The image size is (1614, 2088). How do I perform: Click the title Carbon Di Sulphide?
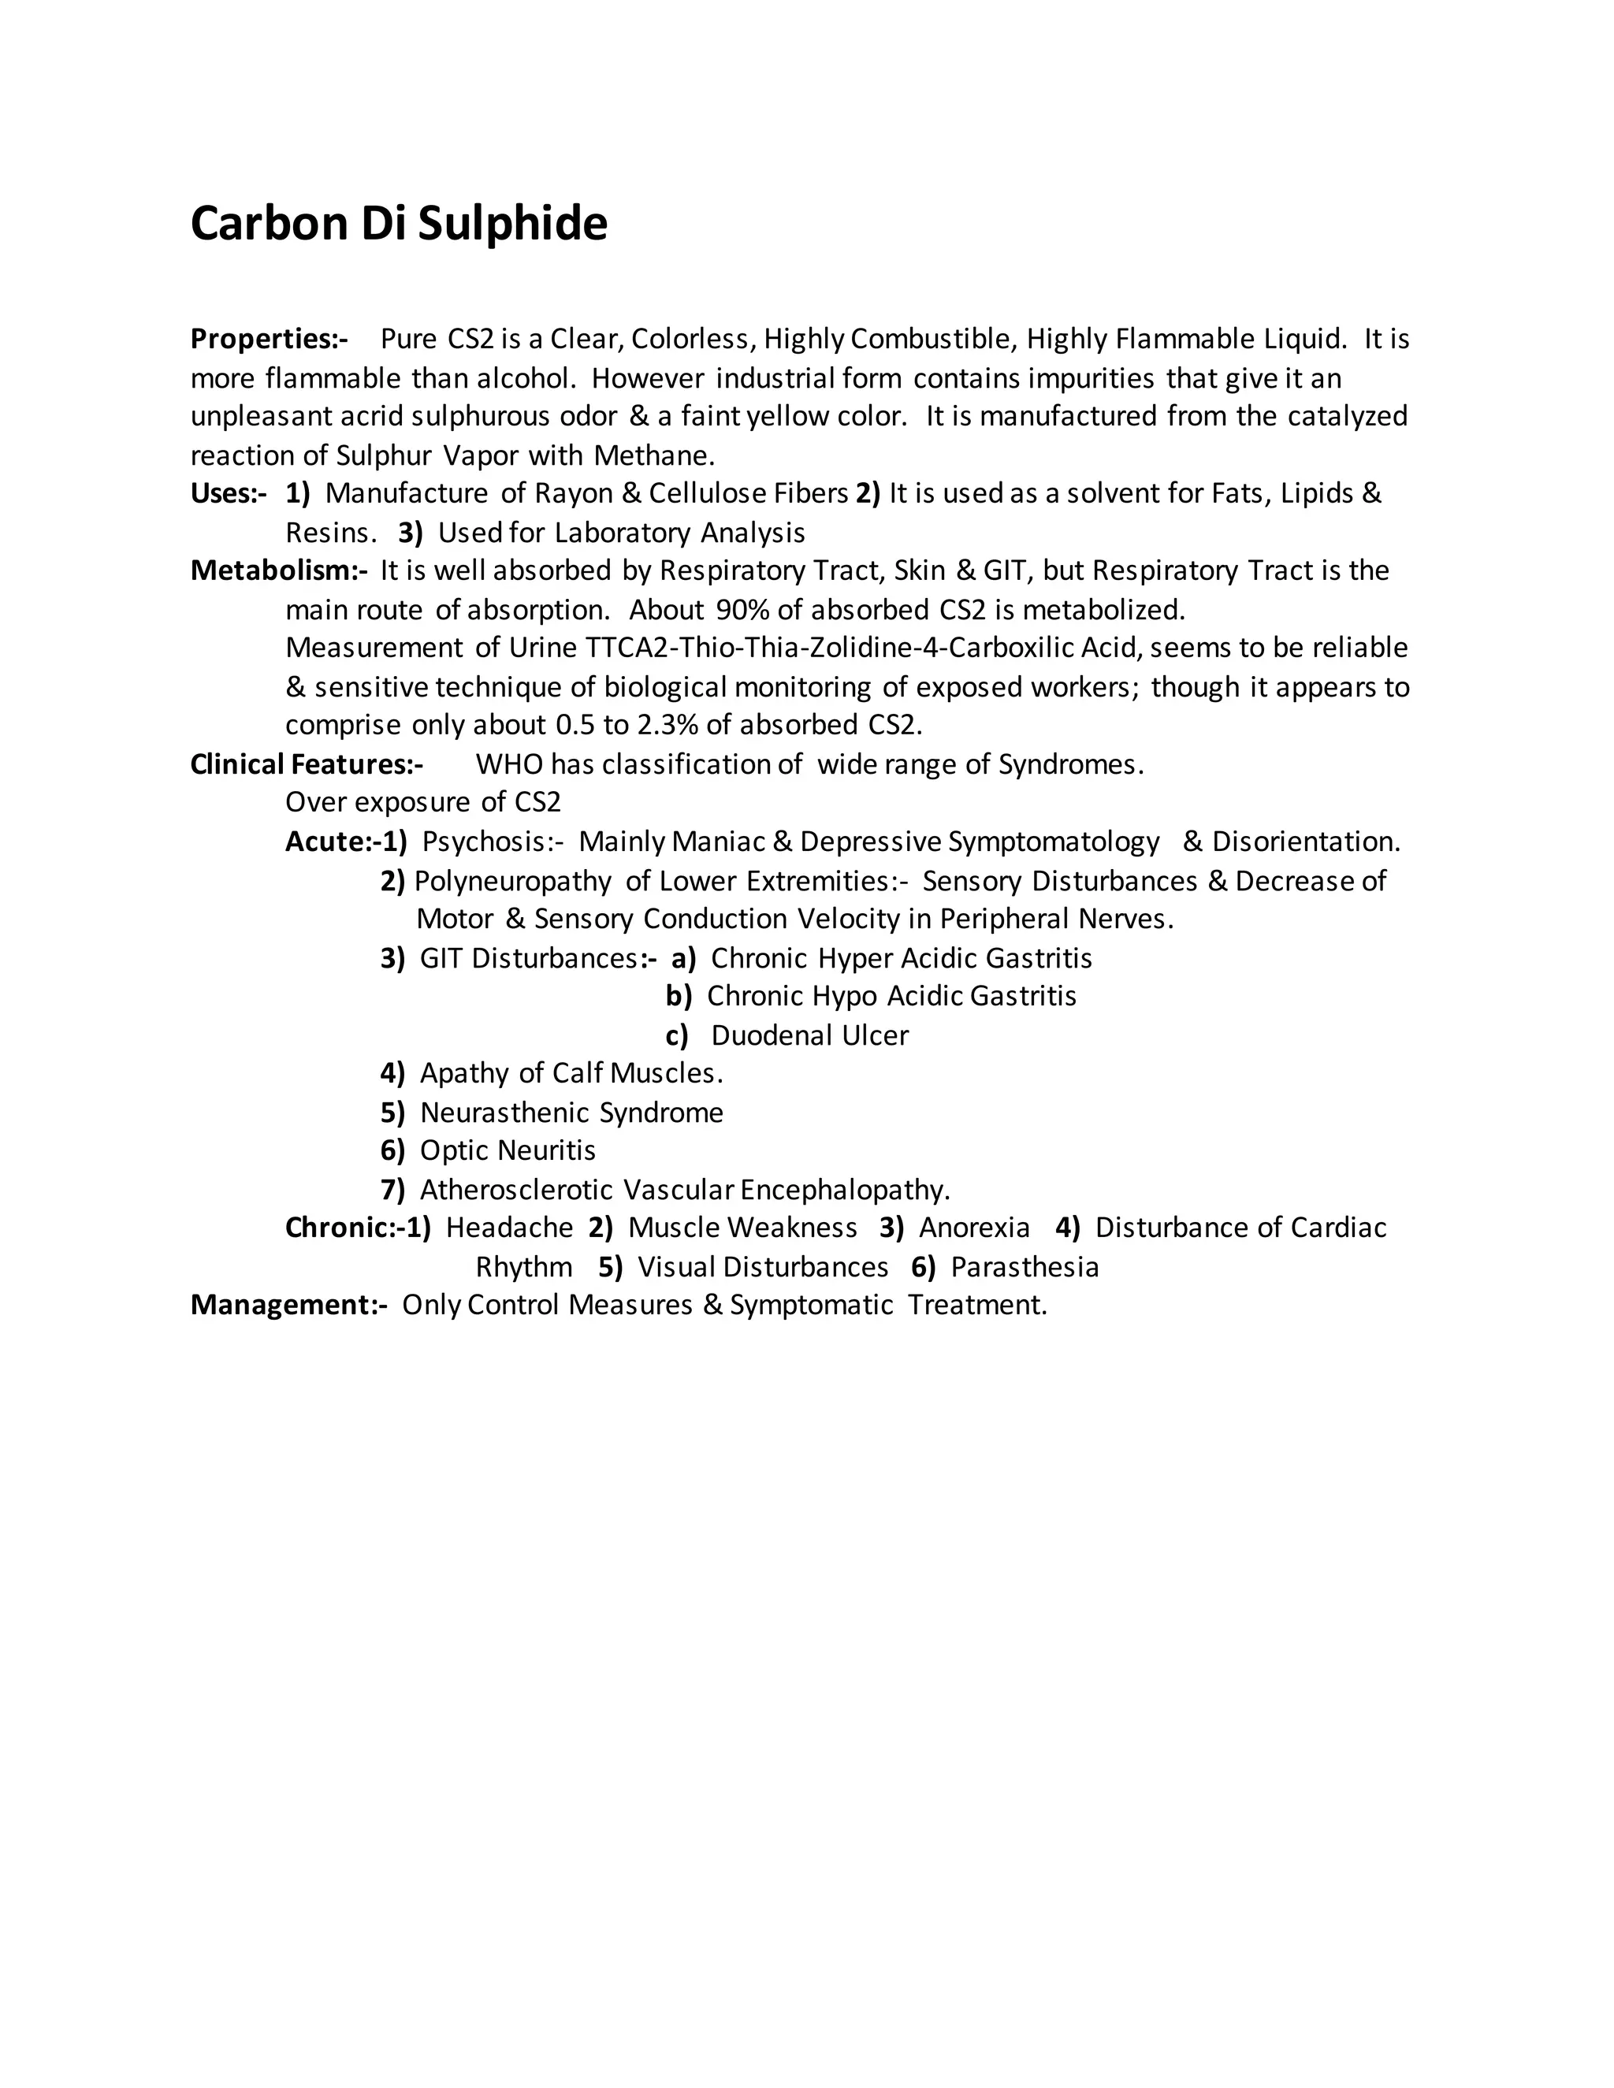tap(399, 224)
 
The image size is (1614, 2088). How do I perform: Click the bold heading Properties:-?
tap(269, 340)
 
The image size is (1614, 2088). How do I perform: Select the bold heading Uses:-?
tap(228, 493)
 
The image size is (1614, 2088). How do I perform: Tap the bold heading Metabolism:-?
tap(278, 570)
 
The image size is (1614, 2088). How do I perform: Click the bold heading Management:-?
tap(288, 1305)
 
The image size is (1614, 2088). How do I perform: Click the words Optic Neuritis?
tap(507, 1150)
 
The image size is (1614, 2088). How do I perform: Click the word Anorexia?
tap(973, 1228)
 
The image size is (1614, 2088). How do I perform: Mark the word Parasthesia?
tap(1024, 1267)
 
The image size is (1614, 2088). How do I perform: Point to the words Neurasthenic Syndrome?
tap(571, 1112)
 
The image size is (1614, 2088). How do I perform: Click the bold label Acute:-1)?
tap(345, 842)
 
